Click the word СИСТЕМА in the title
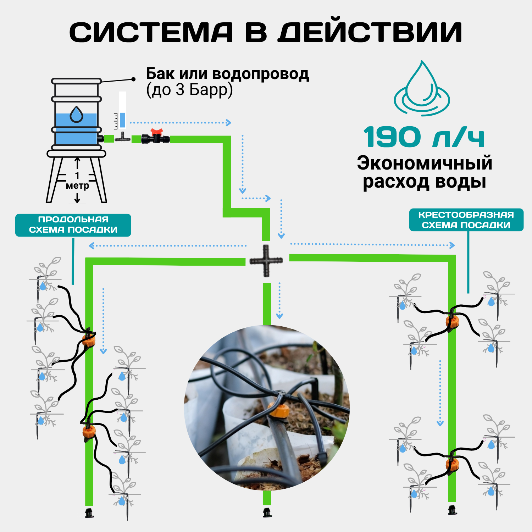coord(151,33)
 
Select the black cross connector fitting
coord(266,261)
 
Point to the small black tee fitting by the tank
coord(122,138)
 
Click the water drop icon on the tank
coord(76,114)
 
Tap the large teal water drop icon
coord(422,89)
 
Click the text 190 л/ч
coord(424,138)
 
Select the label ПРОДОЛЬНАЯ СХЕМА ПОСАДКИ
coord(73,225)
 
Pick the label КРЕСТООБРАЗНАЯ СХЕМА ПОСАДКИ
coord(466,220)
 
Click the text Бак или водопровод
coord(227,74)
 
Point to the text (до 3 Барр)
coord(189,90)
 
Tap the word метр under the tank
coord(77,185)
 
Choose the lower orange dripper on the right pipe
coord(452,463)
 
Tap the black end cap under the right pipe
coord(452,510)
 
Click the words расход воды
coord(424,182)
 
